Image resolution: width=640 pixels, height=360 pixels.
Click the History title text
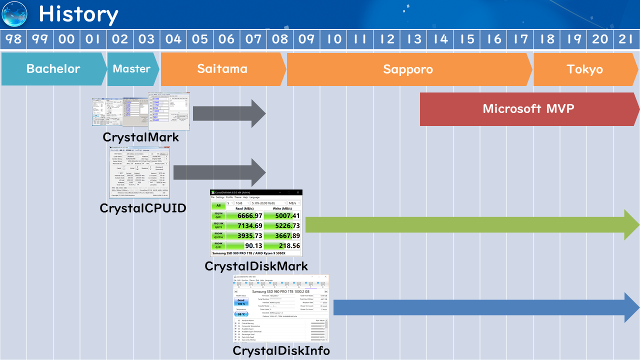pyautogui.click(x=78, y=14)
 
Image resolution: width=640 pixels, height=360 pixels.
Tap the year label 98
pyautogui.click(x=13, y=39)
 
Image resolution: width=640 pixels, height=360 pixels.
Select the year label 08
pyautogui.click(x=280, y=39)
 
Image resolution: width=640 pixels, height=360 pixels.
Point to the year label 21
pyautogui.click(x=626, y=39)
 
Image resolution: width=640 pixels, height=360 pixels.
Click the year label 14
pyautogui.click(x=440, y=39)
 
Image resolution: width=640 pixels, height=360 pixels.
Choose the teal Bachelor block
pyautogui.click(x=53, y=69)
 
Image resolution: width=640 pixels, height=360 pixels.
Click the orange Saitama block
pyautogui.click(x=222, y=69)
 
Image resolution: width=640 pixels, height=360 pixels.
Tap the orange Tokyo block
pyautogui.click(x=585, y=69)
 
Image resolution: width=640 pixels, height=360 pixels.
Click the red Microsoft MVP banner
pyautogui.click(x=528, y=109)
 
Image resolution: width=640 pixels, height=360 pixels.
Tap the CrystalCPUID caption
pyautogui.click(x=143, y=207)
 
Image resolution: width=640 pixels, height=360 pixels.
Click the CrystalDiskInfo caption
pyautogui.click(x=281, y=351)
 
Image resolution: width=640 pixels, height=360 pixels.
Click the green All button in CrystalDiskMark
pyautogui.click(x=218, y=205)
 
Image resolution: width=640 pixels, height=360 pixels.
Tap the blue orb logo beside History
pyautogui.click(x=14, y=14)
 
